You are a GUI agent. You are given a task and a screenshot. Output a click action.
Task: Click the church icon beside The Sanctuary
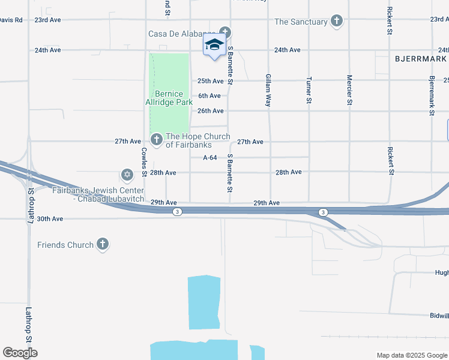[x=337, y=22]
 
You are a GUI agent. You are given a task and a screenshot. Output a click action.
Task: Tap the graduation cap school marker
[x=214, y=45]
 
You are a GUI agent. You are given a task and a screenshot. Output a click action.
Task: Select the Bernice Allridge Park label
[x=169, y=98]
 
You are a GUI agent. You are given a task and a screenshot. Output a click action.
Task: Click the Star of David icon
[x=127, y=175]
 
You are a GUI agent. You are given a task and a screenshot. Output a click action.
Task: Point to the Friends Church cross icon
[x=103, y=244]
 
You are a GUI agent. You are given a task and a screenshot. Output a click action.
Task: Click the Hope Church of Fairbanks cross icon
[x=156, y=140]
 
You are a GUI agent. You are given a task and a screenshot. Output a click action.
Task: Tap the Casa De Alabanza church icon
[x=225, y=32]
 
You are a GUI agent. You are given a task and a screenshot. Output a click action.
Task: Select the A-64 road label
[x=209, y=157]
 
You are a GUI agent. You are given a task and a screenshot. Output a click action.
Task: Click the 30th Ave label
[x=50, y=219]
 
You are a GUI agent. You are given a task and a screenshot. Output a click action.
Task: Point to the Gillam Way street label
[x=268, y=91]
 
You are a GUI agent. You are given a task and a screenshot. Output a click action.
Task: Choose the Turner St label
[x=309, y=91]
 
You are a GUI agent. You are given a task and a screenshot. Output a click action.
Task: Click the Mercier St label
[x=349, y=91]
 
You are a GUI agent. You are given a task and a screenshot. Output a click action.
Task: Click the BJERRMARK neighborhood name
[x=421, y=59]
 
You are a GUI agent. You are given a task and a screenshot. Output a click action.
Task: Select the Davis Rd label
[x=11, y=20]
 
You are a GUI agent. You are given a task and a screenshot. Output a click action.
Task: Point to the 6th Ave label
[x=209, y=95]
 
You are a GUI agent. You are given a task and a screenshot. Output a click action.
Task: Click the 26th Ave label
[x=211, y=111]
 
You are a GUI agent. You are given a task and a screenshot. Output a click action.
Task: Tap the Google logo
[x=20, y=352]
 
